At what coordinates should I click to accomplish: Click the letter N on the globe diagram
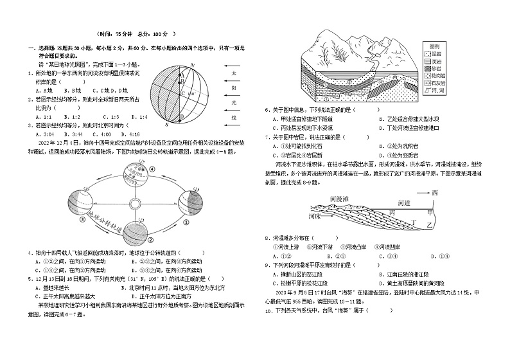[191, 64]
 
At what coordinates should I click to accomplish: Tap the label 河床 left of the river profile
[315, 217]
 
